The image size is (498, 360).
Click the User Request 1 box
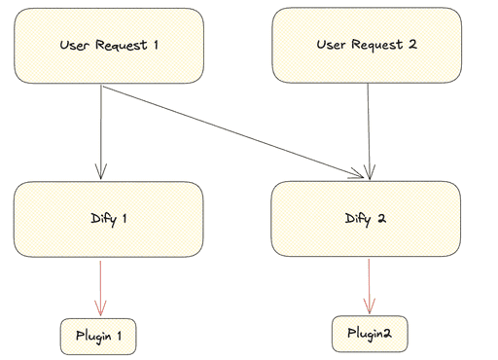108,45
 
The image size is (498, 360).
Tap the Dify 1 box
108,220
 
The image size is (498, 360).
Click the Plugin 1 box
98,336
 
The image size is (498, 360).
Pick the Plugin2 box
369,334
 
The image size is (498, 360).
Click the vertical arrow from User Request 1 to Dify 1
102,131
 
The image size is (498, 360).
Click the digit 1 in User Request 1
155,45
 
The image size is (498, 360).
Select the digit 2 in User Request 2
412,45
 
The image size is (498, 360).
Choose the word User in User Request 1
74,45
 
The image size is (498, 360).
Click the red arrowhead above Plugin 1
101,305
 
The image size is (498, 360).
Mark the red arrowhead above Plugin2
369,303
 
